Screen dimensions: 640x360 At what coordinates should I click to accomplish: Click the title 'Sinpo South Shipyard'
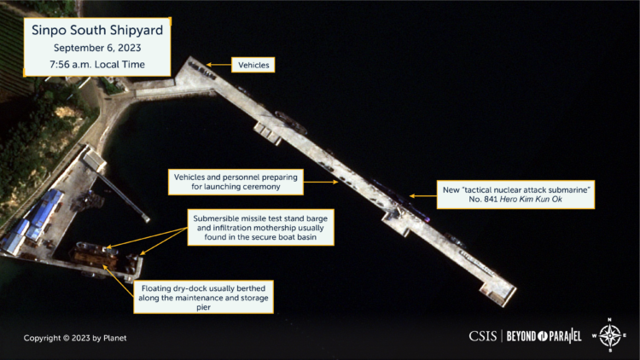coord(97,30)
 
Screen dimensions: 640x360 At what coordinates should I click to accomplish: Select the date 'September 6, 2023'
coord(97,48)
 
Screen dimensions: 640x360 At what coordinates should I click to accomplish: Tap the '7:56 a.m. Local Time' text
coord(97,65)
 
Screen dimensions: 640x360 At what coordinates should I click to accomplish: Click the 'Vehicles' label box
coord(253,65)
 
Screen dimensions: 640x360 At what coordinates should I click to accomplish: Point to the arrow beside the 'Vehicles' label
coord(218,65)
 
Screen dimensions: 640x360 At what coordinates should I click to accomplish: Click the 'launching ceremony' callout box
coord(236,182)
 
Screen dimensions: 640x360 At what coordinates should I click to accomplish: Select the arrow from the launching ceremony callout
coord(321,182)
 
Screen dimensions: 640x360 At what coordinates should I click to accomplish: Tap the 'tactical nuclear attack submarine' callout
coord(515,195)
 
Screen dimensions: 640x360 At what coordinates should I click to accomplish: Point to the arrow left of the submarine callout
coord(423,196)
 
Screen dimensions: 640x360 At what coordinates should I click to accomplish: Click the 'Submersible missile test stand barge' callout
coord(260,228)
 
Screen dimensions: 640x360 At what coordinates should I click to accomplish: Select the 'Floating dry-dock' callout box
coord(203,297)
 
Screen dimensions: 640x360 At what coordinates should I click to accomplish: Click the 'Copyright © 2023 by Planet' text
coord(75,338)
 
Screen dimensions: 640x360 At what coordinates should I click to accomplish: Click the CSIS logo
coord(482,336)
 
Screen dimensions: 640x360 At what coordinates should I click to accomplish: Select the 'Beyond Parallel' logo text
coord(544,336)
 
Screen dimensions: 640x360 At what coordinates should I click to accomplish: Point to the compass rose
coord(609,335)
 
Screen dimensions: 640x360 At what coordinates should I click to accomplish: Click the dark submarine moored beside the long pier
coord(400,200)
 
